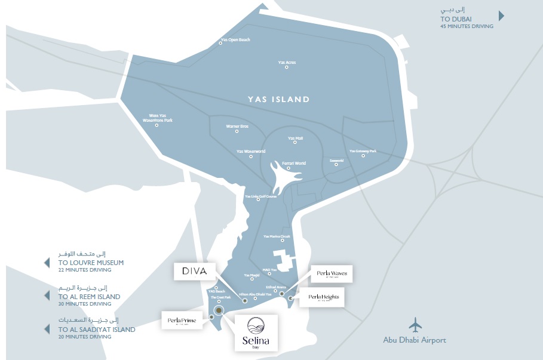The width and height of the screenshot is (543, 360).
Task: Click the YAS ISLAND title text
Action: [279, 100]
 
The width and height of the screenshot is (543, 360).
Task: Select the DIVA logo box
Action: [195, 271]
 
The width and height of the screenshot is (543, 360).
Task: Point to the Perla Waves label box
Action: [332, 274]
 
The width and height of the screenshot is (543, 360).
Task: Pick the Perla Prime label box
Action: [182, 320]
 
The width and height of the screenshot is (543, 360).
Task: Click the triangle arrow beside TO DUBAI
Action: [502, 16]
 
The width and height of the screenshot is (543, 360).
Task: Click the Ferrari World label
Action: [293, 163]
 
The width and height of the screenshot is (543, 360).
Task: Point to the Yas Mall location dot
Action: [295, 144]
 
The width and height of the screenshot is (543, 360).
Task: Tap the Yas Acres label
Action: [287, 62]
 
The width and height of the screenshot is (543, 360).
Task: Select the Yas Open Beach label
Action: [235, 40]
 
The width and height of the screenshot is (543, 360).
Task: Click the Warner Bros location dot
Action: [237, 133]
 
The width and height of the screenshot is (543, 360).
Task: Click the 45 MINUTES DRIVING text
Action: [467, 26]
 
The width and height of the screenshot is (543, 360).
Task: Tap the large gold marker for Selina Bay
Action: [219, 310]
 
